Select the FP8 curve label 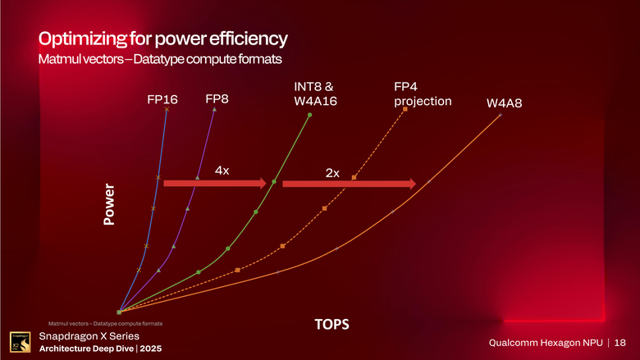(x=217, y=99)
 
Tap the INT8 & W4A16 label (x=316, y=93)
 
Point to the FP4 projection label (x=423, y=93)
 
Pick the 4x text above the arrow (x=222, y=170)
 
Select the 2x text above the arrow (x=332, y=173)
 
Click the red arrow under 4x (x=216, y=184)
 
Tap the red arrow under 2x (x=349, y=185)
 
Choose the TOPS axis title (x=333, y=326)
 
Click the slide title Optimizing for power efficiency (x=162, y=39)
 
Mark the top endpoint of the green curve (x=310, y=115)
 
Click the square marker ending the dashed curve (x=405, y=110)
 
